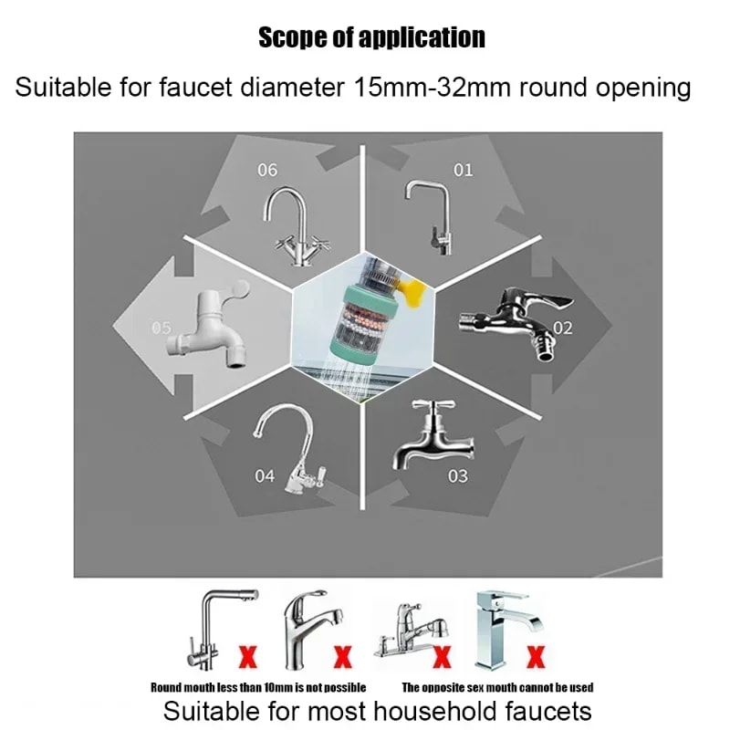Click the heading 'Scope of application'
click(371, 37)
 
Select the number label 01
click(464, 170)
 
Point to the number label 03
click(458, 475)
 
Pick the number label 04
click(265, 476)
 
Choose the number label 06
click(267, 170)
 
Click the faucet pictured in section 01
click(428, 215)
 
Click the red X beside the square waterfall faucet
click(537, 654)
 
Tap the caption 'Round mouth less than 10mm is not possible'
click(258, 687)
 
